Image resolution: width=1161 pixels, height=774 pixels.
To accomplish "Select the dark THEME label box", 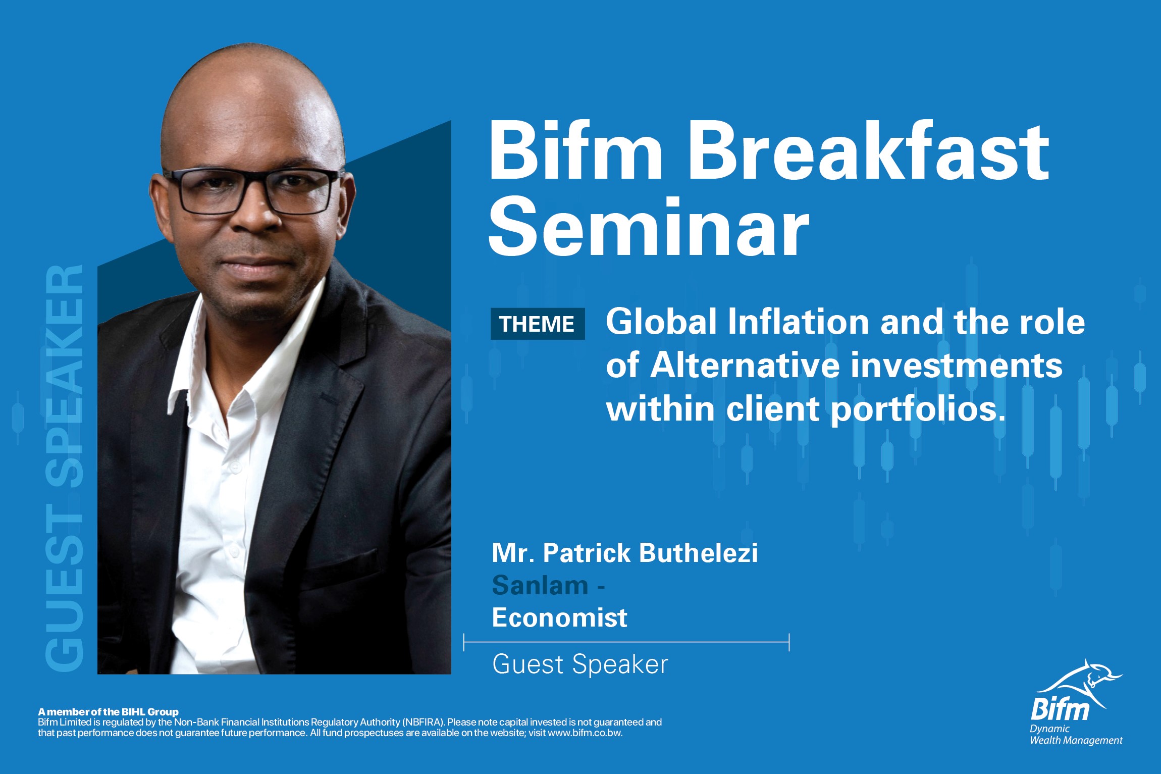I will point(538,324).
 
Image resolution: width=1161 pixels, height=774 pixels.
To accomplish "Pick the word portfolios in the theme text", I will point(916,409).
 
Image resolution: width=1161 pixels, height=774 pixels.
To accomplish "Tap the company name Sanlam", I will point(540,586).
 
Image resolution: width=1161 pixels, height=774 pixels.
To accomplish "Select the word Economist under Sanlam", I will point(559,617).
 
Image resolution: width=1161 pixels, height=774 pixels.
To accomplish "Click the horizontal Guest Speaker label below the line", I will point(580,664).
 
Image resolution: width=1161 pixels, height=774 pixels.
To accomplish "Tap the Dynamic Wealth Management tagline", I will point(1076,735).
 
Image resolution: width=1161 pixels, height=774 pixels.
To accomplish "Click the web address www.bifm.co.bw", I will point(585,733).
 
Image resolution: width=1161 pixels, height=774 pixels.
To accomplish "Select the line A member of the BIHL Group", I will point(108,712).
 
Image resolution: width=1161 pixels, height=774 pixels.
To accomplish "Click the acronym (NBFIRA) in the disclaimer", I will point(423,723).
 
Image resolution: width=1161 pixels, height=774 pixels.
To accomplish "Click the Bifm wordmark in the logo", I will point(1060,710).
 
